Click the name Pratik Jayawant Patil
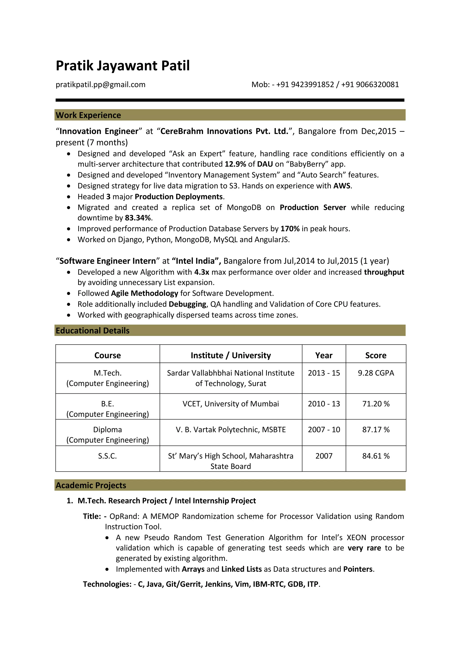point(122,66)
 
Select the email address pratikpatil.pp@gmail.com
point(101,85)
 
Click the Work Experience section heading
point(88,115)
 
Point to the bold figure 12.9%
point(235,164)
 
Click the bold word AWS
point(342,186)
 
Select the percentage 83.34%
point(138,218)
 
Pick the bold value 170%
point(290,229)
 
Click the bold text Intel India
point(195,261)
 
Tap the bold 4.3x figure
point(201,272)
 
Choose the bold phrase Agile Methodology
point(144,293)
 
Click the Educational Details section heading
point(92,331)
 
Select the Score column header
point(376,355)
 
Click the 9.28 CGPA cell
point(376,373)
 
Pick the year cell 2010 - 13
point(324,404)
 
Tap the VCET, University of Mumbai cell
point(231,404)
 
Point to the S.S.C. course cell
point(107,456)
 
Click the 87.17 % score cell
point(376,430)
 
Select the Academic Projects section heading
point(91,485)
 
